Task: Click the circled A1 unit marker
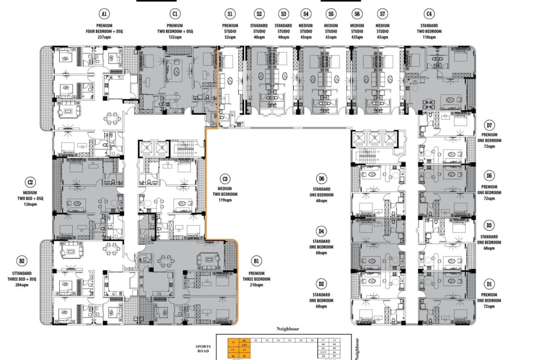click(x=105, y=14)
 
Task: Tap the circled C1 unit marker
click(x=174, y=14)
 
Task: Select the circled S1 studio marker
click(x=230, y=14)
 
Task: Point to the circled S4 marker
click(x=306, y=14)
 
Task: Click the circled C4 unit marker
click(x=428, y=14)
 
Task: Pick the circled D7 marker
click(x=489, y=125)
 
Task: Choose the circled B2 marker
click(x=21, y=261)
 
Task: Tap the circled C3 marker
click(x=224, y=178)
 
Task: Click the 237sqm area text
click(x=105, y=37)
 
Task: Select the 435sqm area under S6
click(x=357, y=37)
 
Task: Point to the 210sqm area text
click(x=257, y=285)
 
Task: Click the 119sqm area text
click(x=224, y=200)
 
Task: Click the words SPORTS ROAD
click(x=202, y=348)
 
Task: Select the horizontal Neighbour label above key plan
click(x=288, y=329)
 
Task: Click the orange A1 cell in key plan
click(x=233, y=341)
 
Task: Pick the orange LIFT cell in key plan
click(x=245, y=345)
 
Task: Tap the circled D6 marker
click(x=321, y=178)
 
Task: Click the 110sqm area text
click(x=428, y=37)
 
